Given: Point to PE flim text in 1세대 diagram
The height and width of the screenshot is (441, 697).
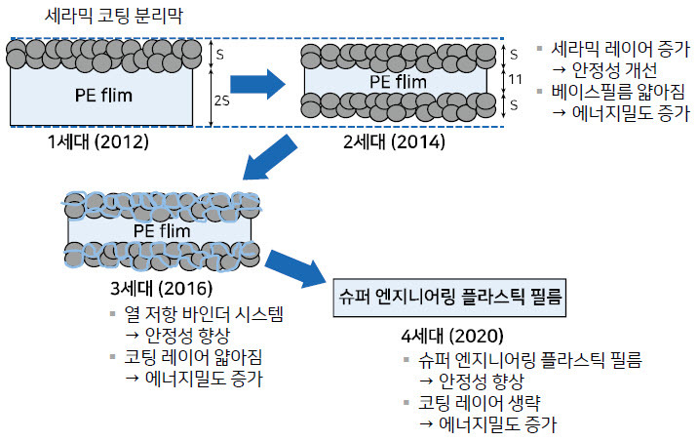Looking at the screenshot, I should point(103,95).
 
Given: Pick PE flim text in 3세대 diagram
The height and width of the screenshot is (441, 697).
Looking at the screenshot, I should point(161,230).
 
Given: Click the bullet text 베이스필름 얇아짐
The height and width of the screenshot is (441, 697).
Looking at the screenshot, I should point(616,92).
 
